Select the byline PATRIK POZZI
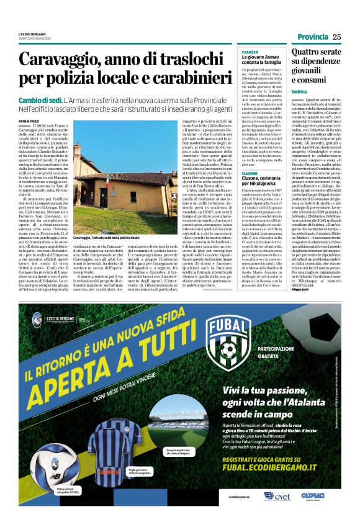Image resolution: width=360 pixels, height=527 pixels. click(x=29, y=121)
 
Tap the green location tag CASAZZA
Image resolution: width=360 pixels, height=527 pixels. click(x=250, y=52)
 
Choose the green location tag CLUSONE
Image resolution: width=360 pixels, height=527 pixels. click(x=250, y=173)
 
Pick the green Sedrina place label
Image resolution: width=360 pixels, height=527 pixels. click(x=299, y=91)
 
